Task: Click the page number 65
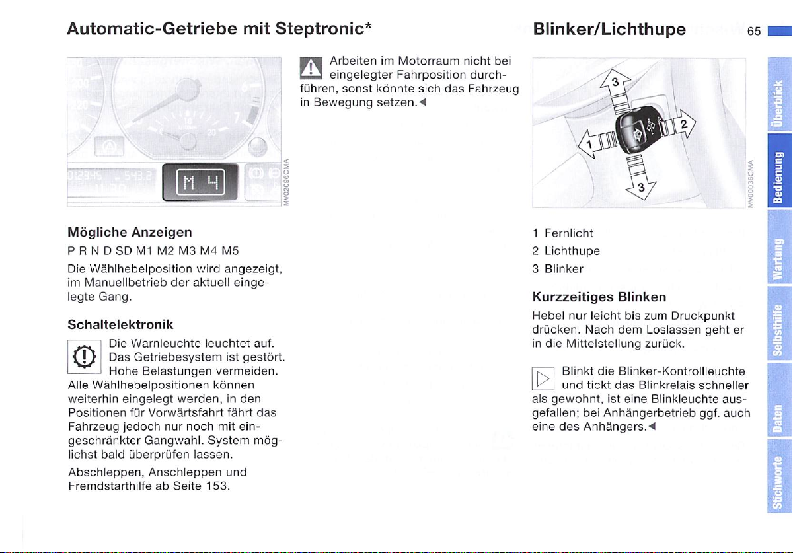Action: [x=755, y=31]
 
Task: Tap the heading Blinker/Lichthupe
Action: [x=609, y=29]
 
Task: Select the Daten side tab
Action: [x=780, y=410]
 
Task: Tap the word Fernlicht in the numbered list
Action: [x=568, y=233]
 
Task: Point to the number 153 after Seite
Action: [x=217, y=486]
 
